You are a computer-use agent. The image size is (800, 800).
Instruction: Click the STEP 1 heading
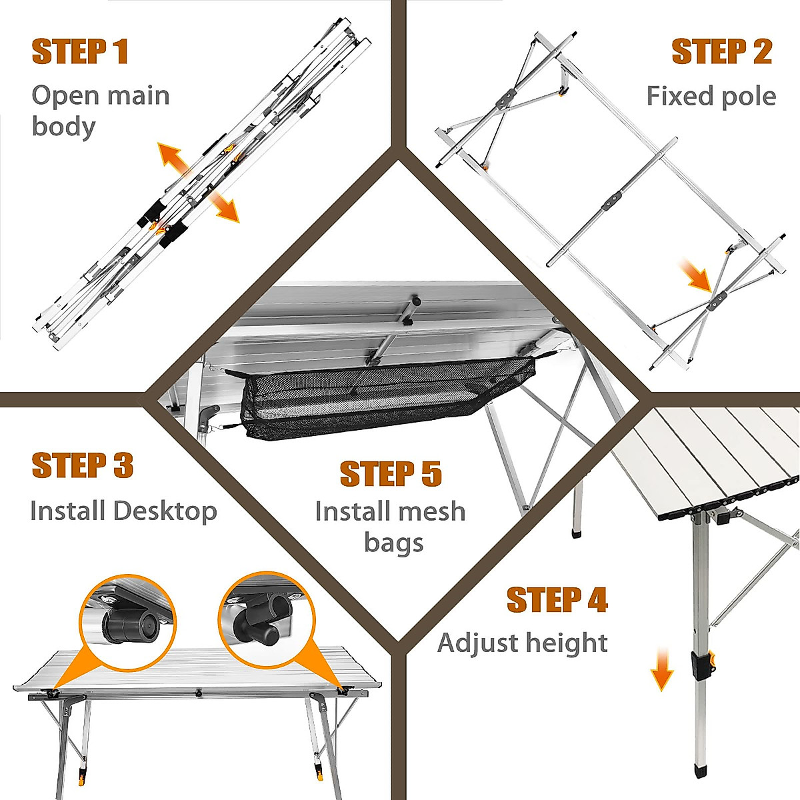(80, 52)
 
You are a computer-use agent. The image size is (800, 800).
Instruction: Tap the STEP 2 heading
(722, 52)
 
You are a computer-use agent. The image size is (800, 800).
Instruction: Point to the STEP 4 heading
(557, 599)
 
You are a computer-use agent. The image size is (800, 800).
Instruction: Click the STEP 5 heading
(391, 473)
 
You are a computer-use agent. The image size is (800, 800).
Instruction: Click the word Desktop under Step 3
(165, 511)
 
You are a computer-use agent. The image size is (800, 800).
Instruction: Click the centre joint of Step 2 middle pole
(613, 202)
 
